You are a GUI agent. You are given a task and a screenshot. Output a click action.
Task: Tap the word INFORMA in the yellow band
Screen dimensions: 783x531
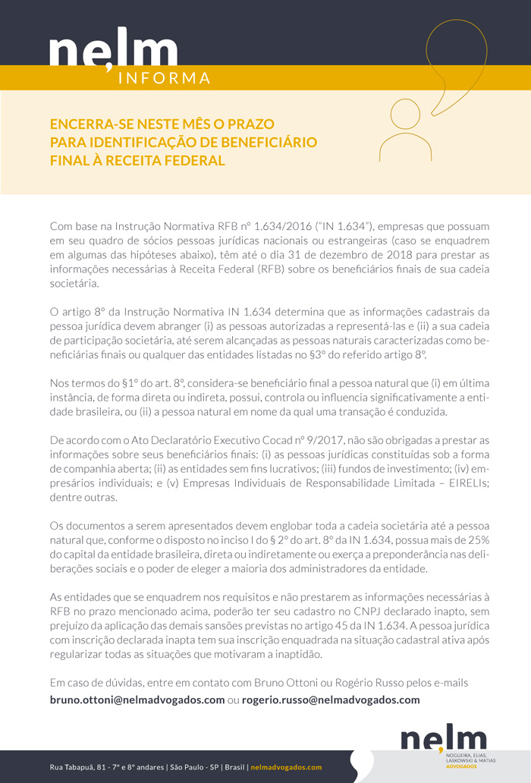[165, 78]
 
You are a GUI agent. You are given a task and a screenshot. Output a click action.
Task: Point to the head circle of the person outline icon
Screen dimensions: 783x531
[404, 115]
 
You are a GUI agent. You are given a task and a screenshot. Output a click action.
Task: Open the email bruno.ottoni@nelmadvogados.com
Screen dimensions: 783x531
[137, 700]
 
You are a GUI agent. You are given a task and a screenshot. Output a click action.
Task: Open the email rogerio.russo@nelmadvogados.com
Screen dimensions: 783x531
[331, 700]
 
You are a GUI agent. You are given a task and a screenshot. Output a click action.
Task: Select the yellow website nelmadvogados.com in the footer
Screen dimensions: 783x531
[286, 767]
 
